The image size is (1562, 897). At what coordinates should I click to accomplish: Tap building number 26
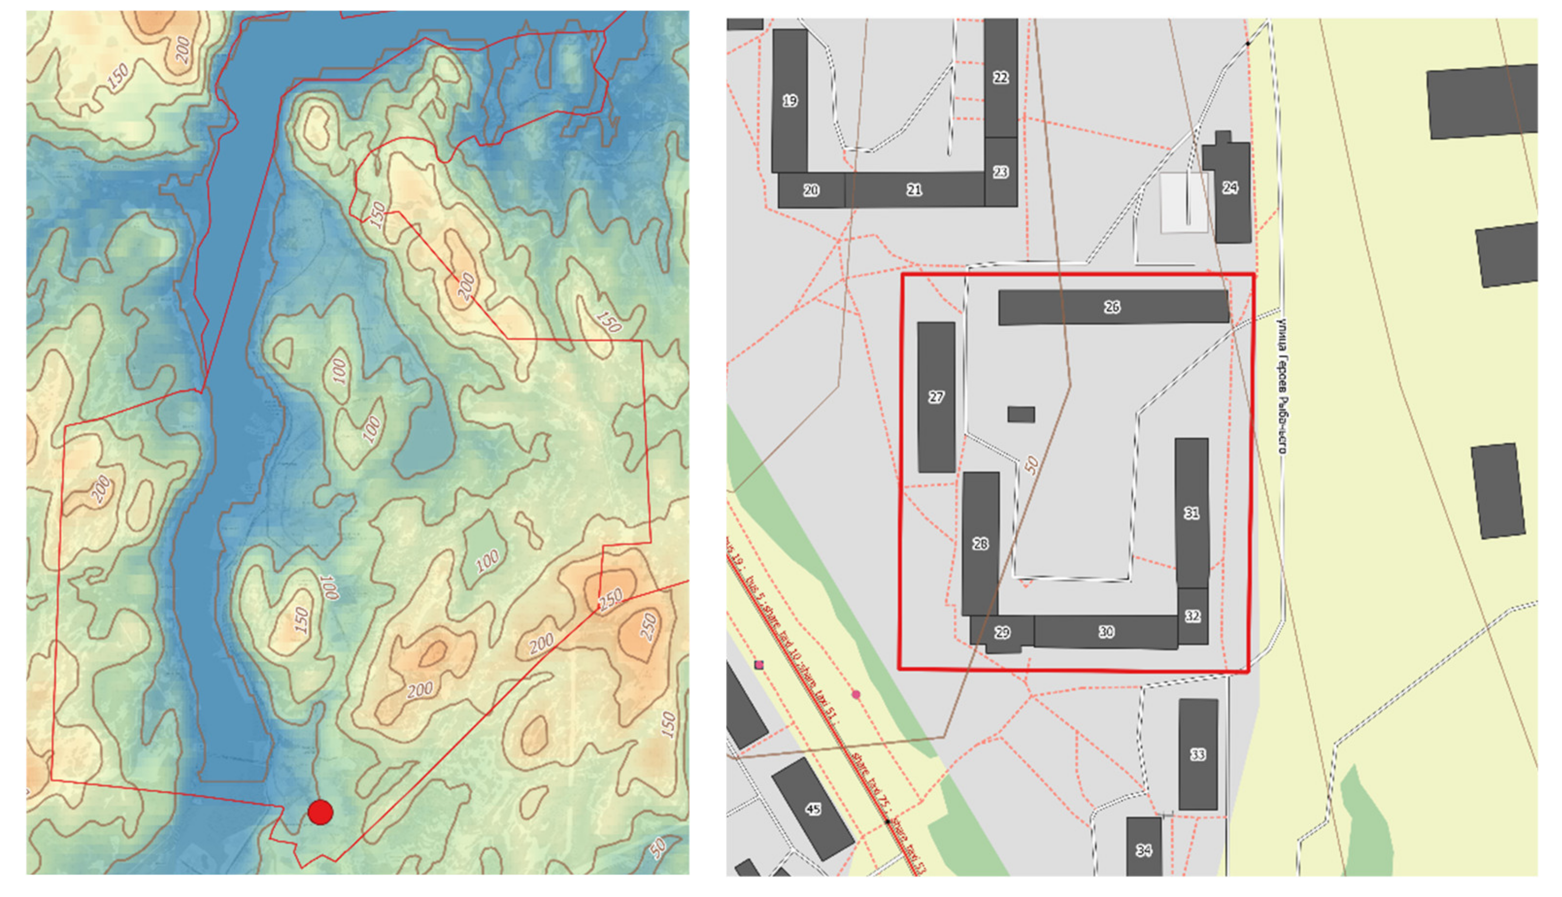pos(1112,307)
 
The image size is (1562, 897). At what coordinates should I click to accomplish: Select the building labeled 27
pos(936,398)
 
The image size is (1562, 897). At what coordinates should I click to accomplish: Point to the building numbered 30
pos(1106,631)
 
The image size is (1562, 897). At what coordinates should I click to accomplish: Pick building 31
pos(1191,513)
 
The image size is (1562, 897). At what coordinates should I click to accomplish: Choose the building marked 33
pos(1197,754)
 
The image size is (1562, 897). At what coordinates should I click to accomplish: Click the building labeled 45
pos(813,808)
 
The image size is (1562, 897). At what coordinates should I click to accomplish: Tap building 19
pos(789,100)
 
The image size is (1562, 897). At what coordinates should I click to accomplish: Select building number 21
pos(914,190)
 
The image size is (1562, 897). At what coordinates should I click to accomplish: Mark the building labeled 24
pos(1229,188)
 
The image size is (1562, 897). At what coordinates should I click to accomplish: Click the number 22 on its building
pos(1001,78)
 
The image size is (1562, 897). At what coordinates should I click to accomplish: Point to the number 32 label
pos(1192,616)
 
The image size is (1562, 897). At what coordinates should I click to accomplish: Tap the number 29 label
pos(1002,632)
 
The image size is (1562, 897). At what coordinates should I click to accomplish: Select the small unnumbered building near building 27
pos(1021,414)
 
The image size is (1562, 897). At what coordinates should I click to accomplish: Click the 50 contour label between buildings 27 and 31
pos(1031,465)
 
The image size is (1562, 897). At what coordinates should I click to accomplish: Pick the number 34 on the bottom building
pos(1143,850)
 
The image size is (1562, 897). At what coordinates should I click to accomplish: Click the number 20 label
pos(811,190)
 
